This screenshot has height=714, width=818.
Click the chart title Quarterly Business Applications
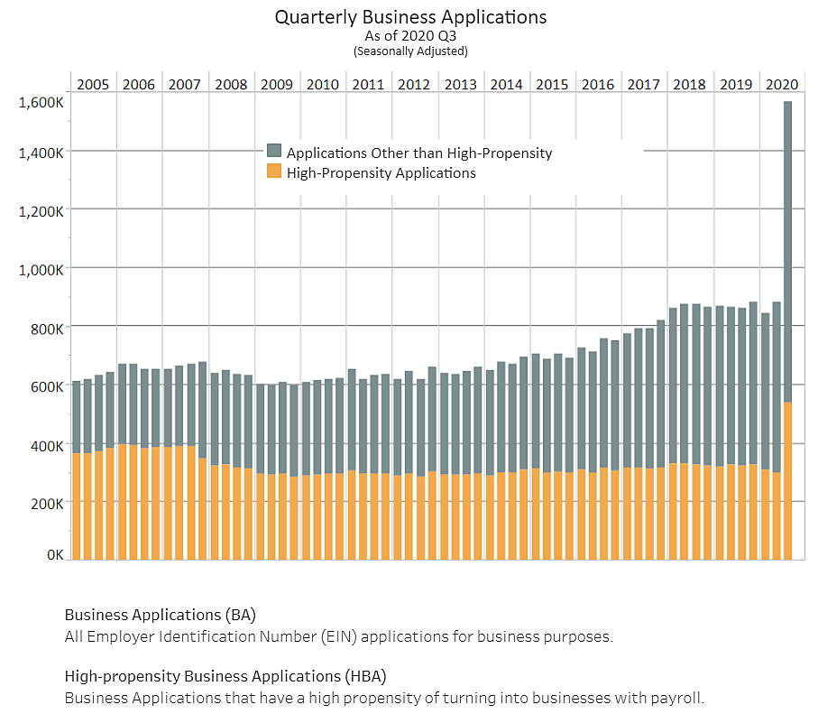[x=410, y=17]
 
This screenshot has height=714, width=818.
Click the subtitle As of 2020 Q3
[x=410, y=36]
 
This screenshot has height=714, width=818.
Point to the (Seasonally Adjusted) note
[x=410, y=51]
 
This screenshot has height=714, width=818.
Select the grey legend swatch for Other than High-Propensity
[x=274, y=153]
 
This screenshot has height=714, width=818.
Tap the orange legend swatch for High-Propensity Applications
[x=274, y=172]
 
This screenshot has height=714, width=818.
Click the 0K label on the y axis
[x=54, y=555]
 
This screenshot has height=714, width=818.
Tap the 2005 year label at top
[x=93, y=85]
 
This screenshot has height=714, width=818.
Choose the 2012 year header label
[x=414, y=85]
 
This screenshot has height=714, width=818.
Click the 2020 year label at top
[x=782, y=85]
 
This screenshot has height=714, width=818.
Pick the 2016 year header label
[x=598, y=85]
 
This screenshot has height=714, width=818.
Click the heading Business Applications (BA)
[x=161, y=615]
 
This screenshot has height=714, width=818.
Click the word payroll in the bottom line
[x=681, y=698]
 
